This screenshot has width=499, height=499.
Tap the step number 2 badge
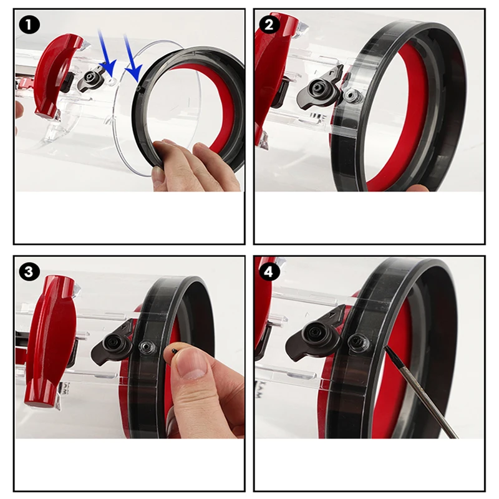(x=269, y=25)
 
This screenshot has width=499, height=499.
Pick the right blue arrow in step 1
(x=132, y=61)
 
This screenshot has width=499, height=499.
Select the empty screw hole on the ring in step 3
(x=147, y=347)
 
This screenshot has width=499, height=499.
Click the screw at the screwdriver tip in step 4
(x=358, y=341)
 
